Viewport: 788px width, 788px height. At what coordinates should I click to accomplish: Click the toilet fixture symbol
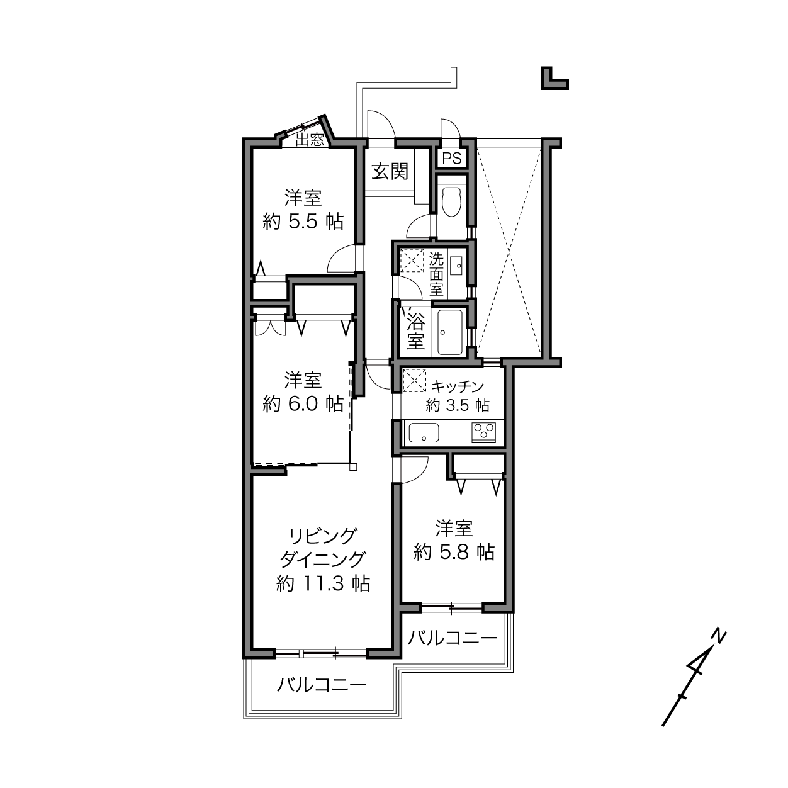coord(452,201)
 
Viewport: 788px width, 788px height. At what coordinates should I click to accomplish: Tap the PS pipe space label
coord(452,158)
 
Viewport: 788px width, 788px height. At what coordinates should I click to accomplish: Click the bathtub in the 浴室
coord(450,332)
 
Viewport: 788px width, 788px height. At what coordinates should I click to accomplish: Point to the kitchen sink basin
coord(424,432)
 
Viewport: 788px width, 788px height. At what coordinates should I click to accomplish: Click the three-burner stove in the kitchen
coord(484,432)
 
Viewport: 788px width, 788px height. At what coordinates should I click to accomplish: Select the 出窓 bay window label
coord(310,140)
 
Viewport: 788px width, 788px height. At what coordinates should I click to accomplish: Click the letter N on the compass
coord(719,638)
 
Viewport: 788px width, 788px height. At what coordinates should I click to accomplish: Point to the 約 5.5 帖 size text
coord(303,222)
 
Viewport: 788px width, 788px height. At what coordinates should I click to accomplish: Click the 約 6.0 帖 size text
coord(303,405)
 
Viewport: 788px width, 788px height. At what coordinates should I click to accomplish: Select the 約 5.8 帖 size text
coord(454,552)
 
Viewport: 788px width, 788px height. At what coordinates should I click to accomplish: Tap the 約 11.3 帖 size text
coord(323,583)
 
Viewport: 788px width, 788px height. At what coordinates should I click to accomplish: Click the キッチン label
coord(458,386)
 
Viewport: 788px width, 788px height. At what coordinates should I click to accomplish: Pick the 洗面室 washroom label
coord(436,274)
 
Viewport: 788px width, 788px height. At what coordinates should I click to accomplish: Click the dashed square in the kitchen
coord(414,380)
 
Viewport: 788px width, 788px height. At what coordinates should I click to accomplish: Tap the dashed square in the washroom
coord(412,260)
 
